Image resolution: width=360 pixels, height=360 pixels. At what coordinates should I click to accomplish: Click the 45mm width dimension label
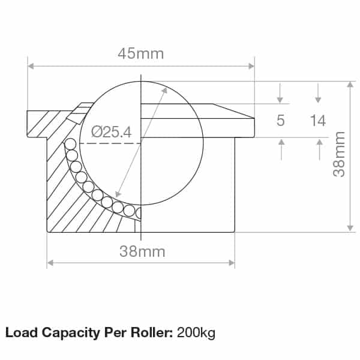coord(141,54)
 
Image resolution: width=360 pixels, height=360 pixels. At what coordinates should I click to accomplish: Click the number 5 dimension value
coord(280,121)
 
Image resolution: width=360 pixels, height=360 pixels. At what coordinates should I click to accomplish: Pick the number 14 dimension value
coord(318,121)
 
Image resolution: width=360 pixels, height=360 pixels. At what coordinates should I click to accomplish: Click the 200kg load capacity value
coord(196,332)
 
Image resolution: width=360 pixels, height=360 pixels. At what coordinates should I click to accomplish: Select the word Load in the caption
coord(19,332)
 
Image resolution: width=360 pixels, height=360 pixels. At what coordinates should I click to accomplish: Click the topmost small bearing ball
coord(70,144)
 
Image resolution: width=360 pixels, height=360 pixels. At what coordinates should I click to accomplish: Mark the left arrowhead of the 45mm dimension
coord(31,65)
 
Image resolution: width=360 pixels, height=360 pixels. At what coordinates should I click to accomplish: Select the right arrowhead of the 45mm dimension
coord(251,65)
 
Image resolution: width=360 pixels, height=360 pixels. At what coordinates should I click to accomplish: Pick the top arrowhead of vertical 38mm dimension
coord(350,84)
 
